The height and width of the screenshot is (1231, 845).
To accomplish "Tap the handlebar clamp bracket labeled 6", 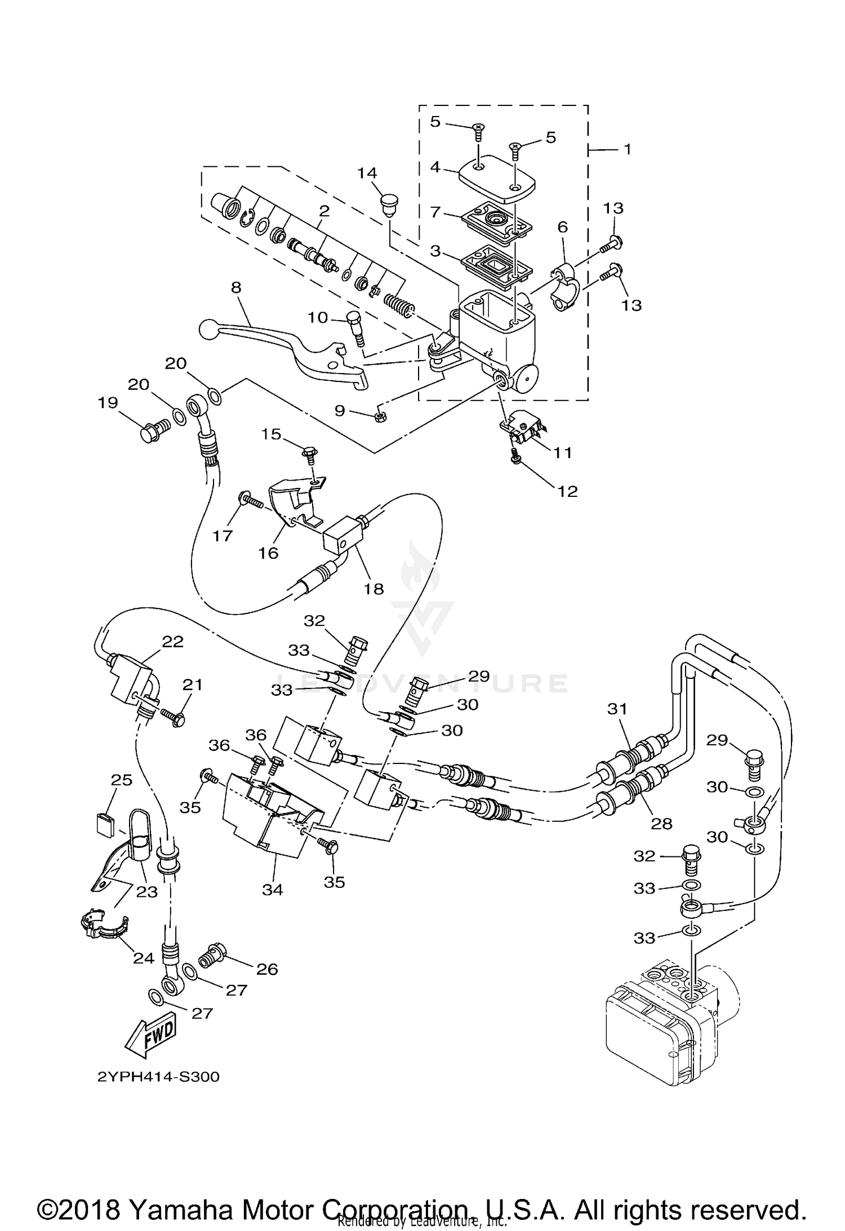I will (566, 285).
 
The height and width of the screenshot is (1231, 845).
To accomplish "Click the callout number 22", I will (172, 642).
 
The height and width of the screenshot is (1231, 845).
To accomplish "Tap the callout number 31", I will (617, 709).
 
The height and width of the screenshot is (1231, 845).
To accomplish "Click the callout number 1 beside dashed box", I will (628, 150).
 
